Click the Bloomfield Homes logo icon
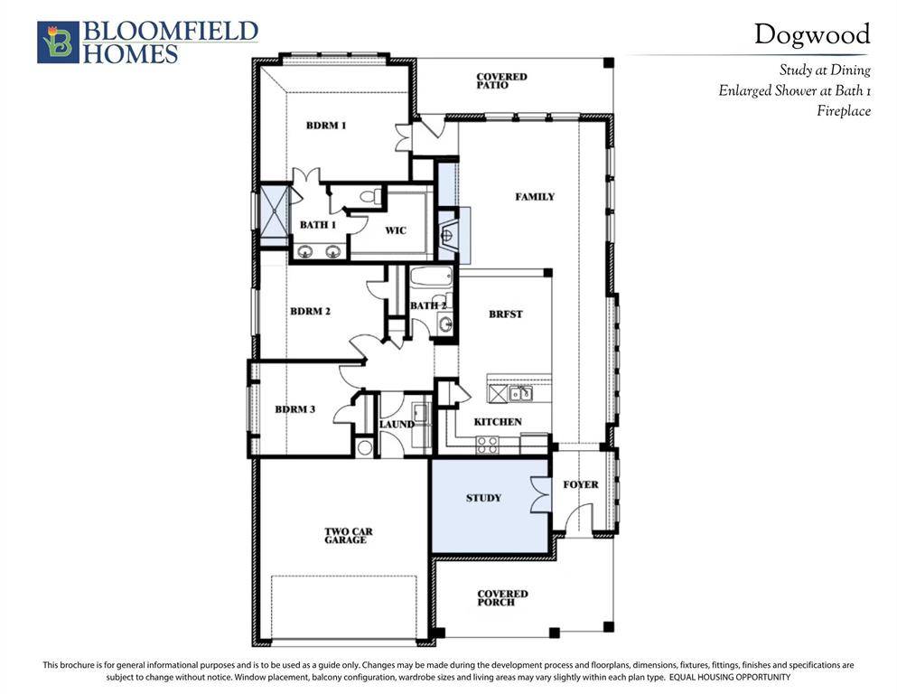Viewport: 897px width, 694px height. pyautogui.click(x=58, y=42)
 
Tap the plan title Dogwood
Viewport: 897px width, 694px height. pyautogui.click(x=812, y=34)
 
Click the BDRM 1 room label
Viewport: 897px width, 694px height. pyautogui.click(x=325, y=126)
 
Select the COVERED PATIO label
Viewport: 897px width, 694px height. pyautogui.click(x=501, y=81)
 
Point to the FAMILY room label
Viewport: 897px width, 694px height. pyautogui.click(x=535, y=197)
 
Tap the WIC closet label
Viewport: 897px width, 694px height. pyautogui.click(x=396, y=230)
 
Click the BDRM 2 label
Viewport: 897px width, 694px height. pyautogui.click(x=310, y=312)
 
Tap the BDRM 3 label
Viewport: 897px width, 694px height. pyautogui.click(x=295, y=409)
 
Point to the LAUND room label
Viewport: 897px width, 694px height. pyautogui.click(x=397, y=424)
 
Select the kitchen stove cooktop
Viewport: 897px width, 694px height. pyautogui.click(x=488, y=444)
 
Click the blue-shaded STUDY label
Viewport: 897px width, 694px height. pyautogui.click(x=483, y=498)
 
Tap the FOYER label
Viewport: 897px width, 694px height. pyautogui.click(x=580, y=485)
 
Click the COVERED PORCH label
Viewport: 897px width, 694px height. pyautogui.click(x=502, y=598)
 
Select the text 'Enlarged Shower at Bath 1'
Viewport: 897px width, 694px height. pyautogui.click(x=794, y=90)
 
